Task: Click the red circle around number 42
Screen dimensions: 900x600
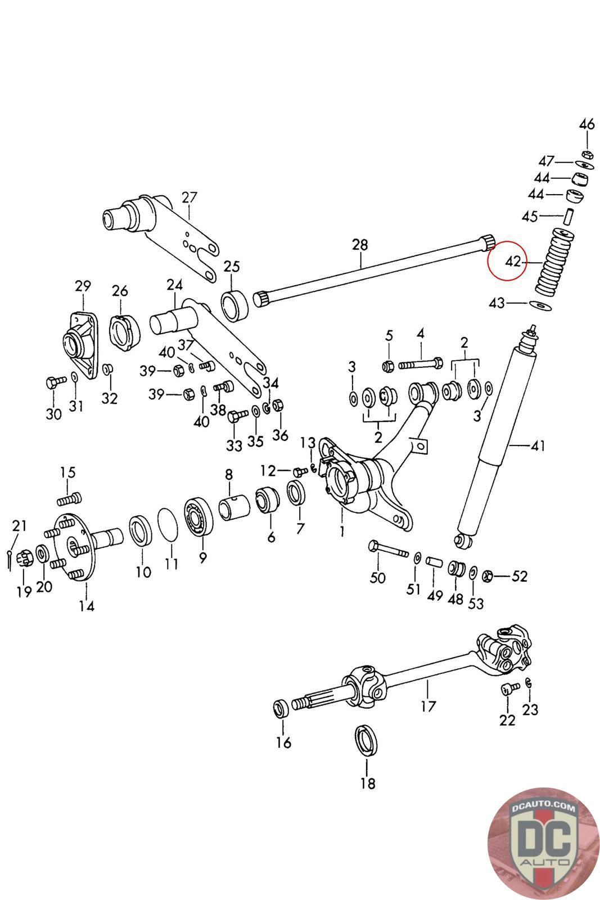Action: tap(507, 261)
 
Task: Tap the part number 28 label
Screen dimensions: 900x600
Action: tap(360, 245)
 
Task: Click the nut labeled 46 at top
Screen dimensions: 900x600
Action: tap(585, 154)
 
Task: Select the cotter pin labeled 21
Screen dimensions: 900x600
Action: tap(12, 557)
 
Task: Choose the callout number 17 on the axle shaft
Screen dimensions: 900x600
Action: tap(428, 706)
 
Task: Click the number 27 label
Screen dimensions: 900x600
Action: tap(190, 197)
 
